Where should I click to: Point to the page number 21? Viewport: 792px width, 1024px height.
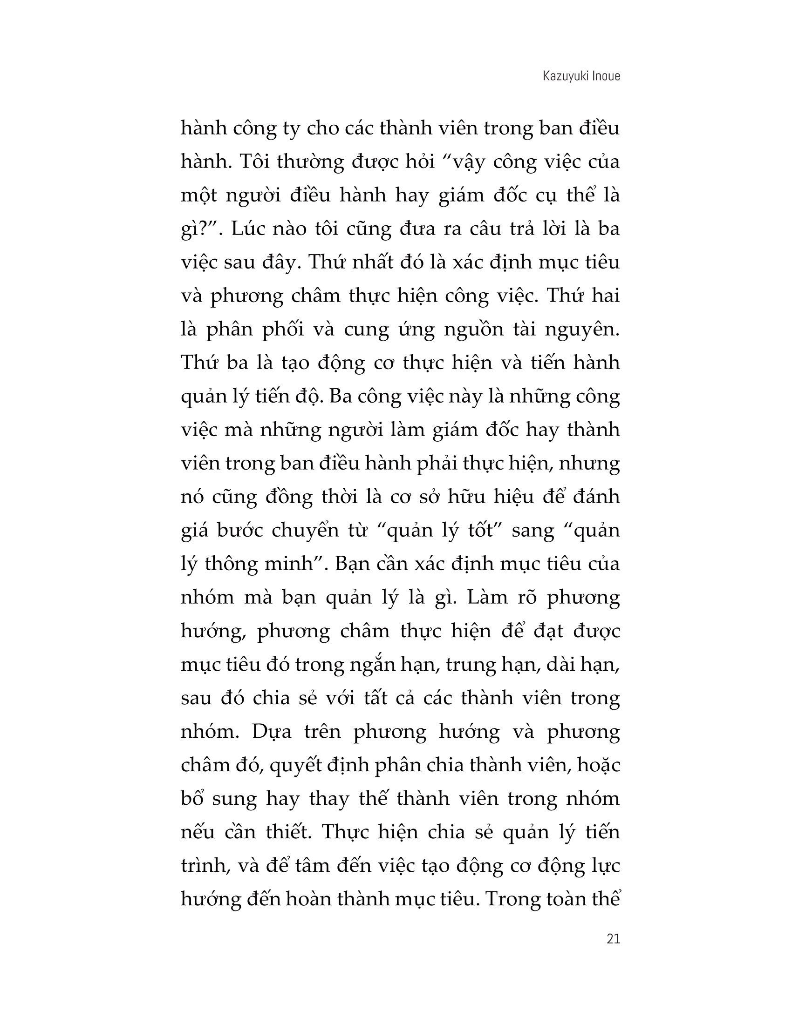(x=613, y=939)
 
